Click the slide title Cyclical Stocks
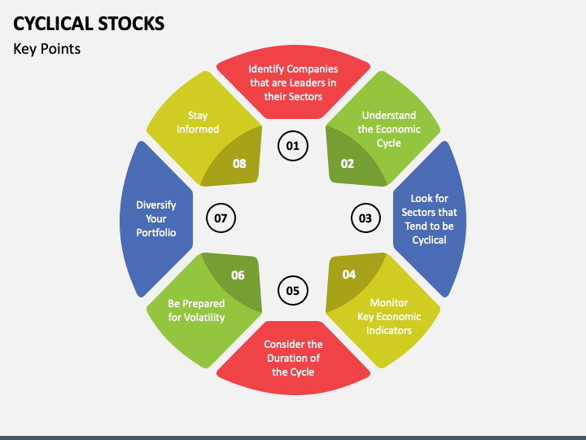(90, 23)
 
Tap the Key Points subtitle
(47, 49)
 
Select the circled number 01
(293, 147)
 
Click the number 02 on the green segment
(348, 163)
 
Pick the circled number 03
(365, 218)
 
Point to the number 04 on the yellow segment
(349, 275)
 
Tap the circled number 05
(293, 290)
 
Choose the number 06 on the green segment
(238, 275)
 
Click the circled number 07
(221, 218)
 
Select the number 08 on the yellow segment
(239, 163)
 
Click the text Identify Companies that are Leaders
(293, 82)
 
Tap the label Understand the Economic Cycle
(389, 129)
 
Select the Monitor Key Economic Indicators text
(389, 316)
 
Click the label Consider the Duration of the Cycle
(293, 358)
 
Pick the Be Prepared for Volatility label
(196, 310)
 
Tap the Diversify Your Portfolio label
(156, 218)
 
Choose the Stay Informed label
(198, 122)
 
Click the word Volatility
(205, 317)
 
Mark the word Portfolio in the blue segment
(156, 232)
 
